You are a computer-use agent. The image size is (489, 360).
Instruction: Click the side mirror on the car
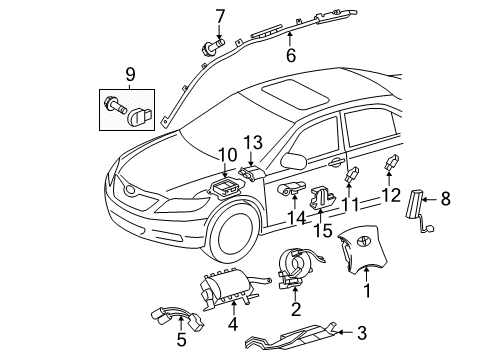coord(294,159)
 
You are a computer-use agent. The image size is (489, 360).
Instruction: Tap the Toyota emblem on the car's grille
coord(132,186)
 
